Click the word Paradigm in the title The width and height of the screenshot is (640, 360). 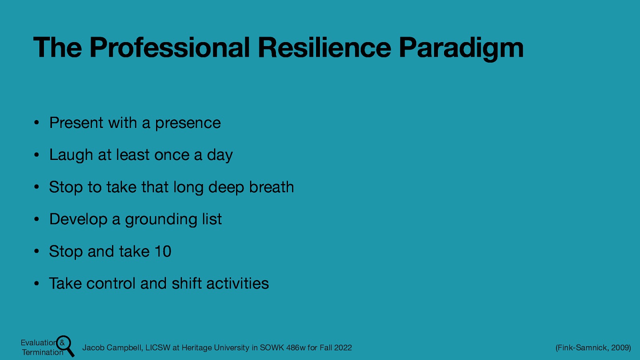point(461,48)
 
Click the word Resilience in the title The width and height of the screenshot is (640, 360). point(324,48)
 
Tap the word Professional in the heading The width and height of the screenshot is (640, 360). point(170,48)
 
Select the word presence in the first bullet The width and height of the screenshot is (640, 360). point(188,123)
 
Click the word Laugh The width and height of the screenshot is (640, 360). point(71,155)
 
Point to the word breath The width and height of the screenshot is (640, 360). point(271,187)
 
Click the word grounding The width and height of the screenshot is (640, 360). point(161,220)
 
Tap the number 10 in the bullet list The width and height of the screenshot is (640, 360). point(163,252)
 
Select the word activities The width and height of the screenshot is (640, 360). point(238,284)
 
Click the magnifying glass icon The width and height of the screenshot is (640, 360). point(66,345)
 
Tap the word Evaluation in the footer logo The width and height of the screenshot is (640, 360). point(38,343)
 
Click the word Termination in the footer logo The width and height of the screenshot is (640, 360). point(42,352)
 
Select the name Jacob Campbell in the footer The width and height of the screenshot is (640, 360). point(112,348)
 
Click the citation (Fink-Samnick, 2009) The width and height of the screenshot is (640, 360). point(593,348)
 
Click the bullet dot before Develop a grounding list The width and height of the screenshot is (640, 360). point(36,219)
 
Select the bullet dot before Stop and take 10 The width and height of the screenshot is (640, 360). point(36,252)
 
